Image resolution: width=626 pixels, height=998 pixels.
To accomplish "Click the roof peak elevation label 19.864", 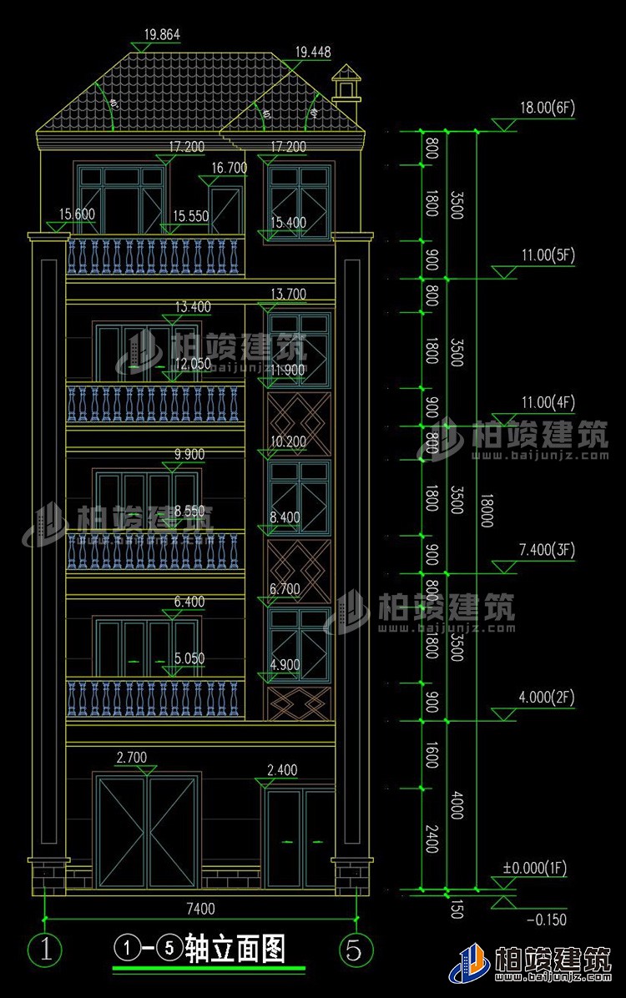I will [162, 35].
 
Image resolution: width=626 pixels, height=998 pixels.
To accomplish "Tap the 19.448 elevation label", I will [312, 52].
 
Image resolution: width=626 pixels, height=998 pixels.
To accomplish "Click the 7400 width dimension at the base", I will [200, 908].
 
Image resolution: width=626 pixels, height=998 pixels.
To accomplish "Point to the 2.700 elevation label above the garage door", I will [132, 758].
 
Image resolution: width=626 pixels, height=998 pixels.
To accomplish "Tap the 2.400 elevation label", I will [281, 769].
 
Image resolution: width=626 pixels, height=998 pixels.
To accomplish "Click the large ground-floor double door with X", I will [147, 831].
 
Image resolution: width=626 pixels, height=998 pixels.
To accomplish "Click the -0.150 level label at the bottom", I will [547, 920].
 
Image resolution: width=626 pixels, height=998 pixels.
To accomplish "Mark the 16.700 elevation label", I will [230, 168].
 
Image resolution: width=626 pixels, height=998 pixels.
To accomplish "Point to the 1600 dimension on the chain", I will [432, 754].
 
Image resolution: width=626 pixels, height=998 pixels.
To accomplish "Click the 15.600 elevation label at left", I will [77, 214].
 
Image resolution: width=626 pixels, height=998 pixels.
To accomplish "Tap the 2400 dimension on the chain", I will [432, 839].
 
